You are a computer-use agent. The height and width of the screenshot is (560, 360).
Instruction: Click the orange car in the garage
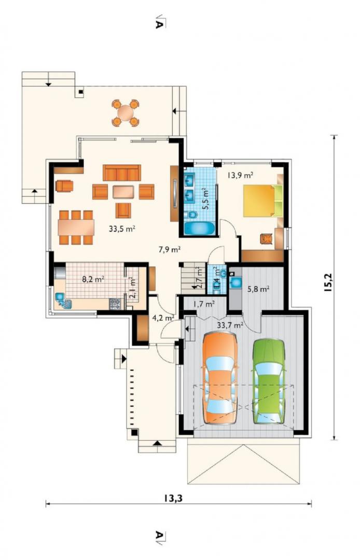[x=219, y=378]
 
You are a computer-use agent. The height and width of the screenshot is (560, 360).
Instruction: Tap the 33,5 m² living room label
[x=122, y=229]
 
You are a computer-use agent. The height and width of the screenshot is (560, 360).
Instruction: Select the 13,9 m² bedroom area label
[x=241, y=175]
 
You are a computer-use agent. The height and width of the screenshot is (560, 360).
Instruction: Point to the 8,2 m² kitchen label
[x=93, y=279]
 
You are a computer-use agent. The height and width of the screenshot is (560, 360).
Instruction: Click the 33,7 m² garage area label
[x=230, y=325]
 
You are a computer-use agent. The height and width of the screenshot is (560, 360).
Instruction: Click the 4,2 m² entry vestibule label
[x=163, y=317]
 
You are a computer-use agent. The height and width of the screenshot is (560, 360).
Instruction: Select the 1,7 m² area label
[x=204, y=304]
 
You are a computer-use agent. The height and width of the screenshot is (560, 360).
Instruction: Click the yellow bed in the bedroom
[x=263, y=201]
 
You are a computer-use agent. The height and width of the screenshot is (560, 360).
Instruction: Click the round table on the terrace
[x=125, y=113]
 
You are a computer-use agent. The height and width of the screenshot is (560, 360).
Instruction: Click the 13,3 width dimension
[x=173, y=498]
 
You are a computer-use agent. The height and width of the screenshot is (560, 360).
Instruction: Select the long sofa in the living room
[x=122, y=173]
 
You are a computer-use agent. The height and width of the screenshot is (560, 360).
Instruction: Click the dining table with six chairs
[x=76, y=228]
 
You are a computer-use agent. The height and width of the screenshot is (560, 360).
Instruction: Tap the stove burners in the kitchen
[x=115, y=304]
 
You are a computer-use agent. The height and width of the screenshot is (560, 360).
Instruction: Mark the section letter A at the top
[x=159, y=22]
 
